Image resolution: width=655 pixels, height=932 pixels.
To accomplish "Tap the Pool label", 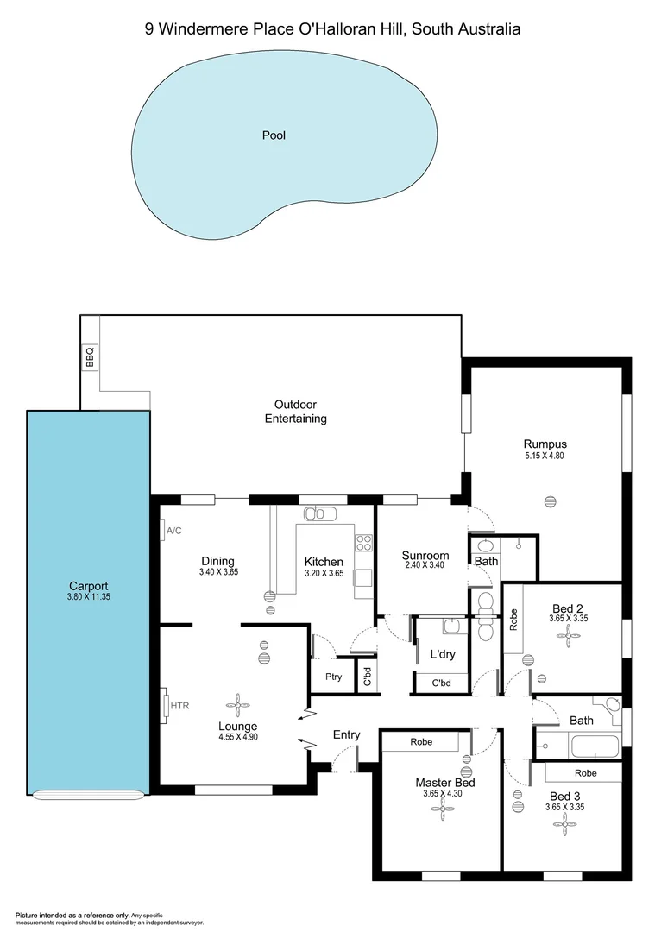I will [x=274, y=135].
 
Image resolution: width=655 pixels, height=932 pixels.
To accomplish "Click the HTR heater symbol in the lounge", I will [x=167, y=705].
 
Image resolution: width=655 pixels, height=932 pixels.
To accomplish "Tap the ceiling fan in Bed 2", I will [x=568, y=637].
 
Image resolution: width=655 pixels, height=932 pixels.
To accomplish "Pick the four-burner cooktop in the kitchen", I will [x=364, y=543].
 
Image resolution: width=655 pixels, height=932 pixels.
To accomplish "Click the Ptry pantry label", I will [x=334, y=677].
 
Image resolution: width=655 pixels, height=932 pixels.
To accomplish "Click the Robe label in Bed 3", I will [x=585, y=772].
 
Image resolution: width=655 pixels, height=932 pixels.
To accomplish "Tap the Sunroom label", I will [x=425, y=555].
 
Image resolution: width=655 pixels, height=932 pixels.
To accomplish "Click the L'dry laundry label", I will [x=442, y=655].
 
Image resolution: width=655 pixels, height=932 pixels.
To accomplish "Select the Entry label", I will [x=346, y=734].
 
